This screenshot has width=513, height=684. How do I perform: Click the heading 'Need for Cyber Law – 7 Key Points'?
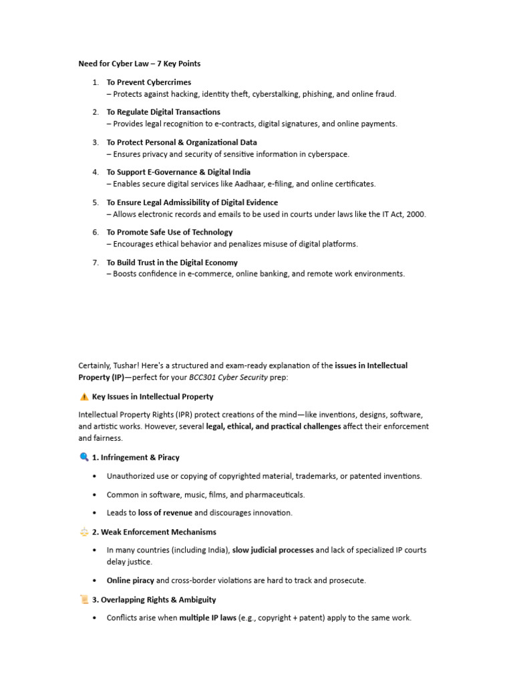[140, 63]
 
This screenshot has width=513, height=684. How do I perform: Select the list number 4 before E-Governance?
[96, 172]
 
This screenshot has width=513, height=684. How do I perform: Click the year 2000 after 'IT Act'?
[415, 214]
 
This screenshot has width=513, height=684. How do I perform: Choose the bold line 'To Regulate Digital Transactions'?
[163, 112]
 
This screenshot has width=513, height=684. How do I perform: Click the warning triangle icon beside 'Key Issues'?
[83, 397]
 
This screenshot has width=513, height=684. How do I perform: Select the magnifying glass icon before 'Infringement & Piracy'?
[83, 458]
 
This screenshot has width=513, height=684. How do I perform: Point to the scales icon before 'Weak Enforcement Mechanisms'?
[83, 532]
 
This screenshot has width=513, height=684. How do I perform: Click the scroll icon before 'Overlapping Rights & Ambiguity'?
[83, 600]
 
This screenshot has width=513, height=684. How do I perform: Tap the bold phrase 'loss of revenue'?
[165, 513]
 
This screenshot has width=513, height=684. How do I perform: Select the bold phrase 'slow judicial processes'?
[273, 550]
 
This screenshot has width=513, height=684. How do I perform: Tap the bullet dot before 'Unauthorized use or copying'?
[95, 476]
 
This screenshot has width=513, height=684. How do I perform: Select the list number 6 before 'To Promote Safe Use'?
[96, 232]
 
